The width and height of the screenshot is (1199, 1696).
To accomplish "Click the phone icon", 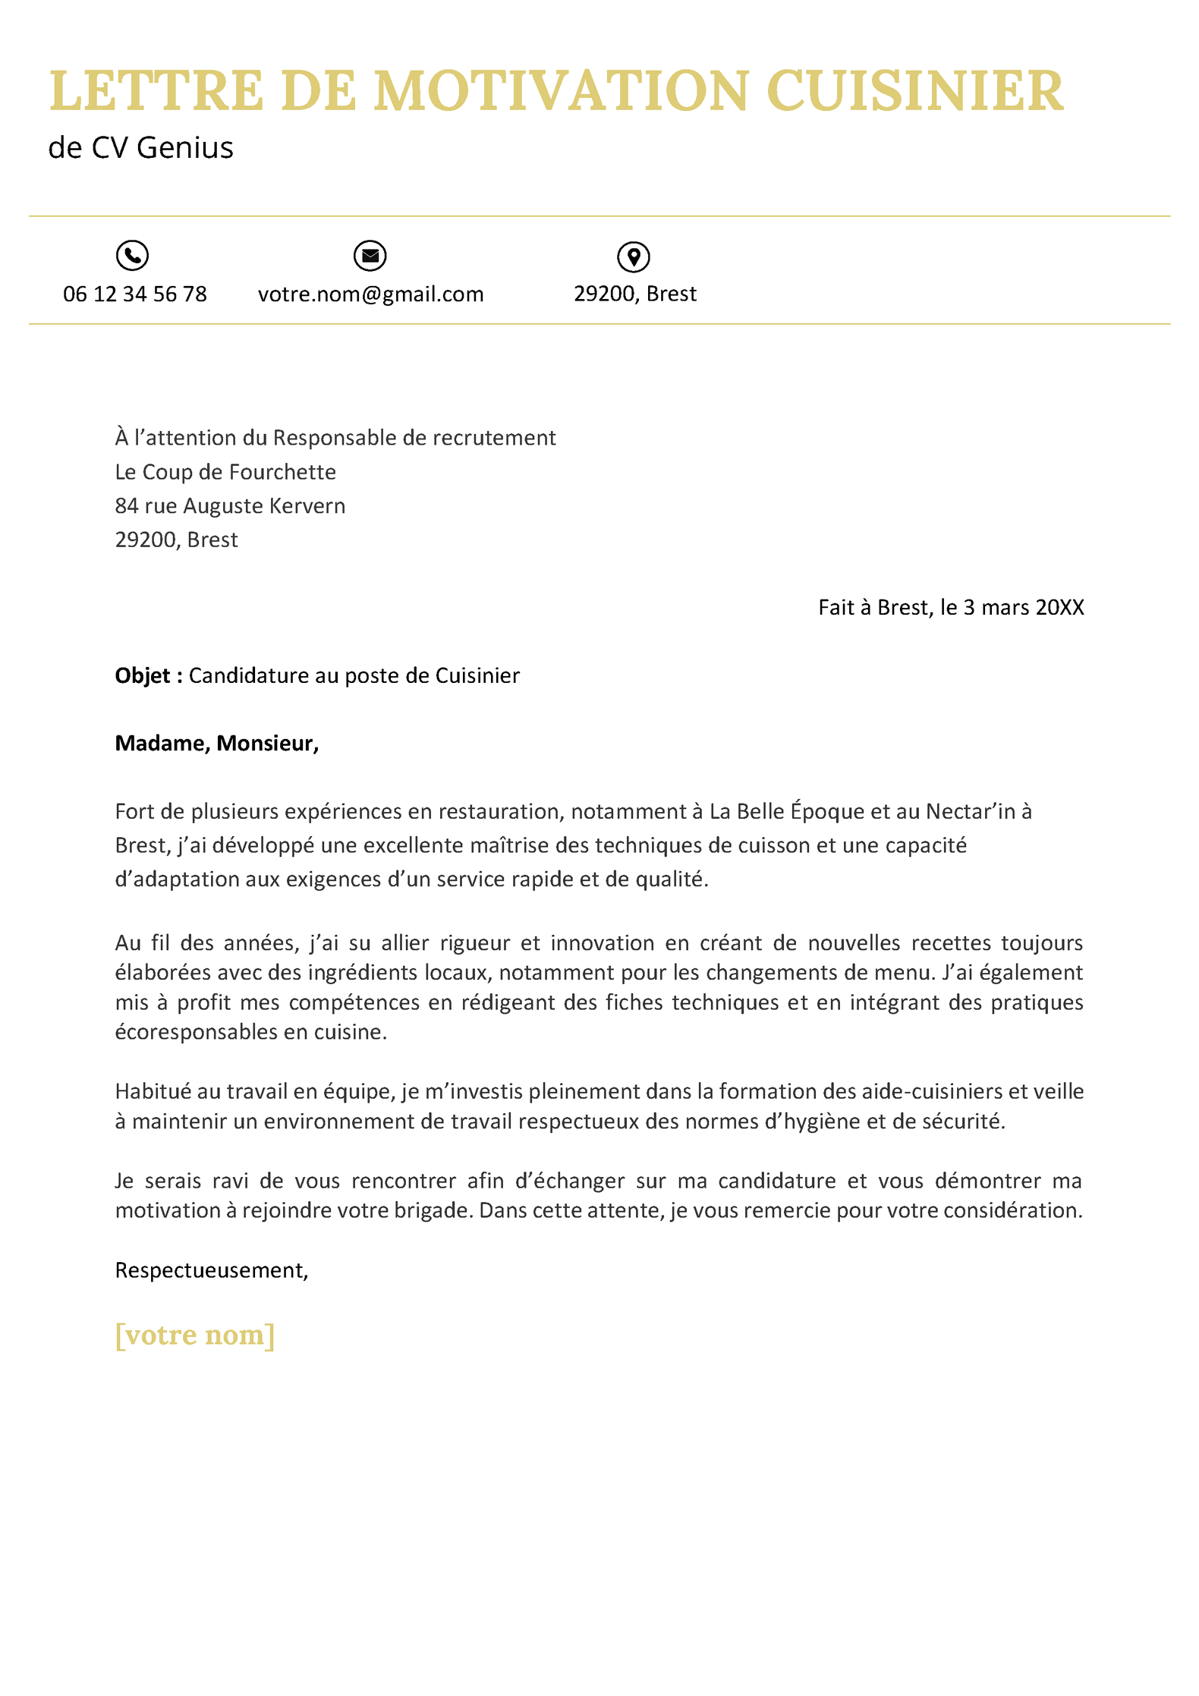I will click(x=132, y=255).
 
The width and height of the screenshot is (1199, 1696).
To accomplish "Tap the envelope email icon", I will click(x=370, y=256).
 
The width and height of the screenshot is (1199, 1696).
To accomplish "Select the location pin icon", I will click(x=634, y=256).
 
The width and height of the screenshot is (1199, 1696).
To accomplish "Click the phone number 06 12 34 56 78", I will click(x=135, y=294).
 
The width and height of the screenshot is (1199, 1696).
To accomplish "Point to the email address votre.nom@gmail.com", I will click(x=370, y=294).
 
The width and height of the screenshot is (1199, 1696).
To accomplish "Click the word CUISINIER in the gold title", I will click(x=914, y=92).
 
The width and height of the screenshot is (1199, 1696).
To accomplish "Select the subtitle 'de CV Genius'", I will click(x=141, y=148).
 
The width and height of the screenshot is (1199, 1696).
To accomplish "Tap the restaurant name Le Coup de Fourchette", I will click(x=225, y=472).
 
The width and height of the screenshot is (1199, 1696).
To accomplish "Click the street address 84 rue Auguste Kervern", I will click(x=230, y=506).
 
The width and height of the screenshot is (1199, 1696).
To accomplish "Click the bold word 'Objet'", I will click(x=143, y=675).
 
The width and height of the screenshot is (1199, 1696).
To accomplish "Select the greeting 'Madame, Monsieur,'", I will click(x=216, y=744).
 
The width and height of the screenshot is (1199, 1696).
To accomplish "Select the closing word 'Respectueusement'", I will click(x=209, y=1270).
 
